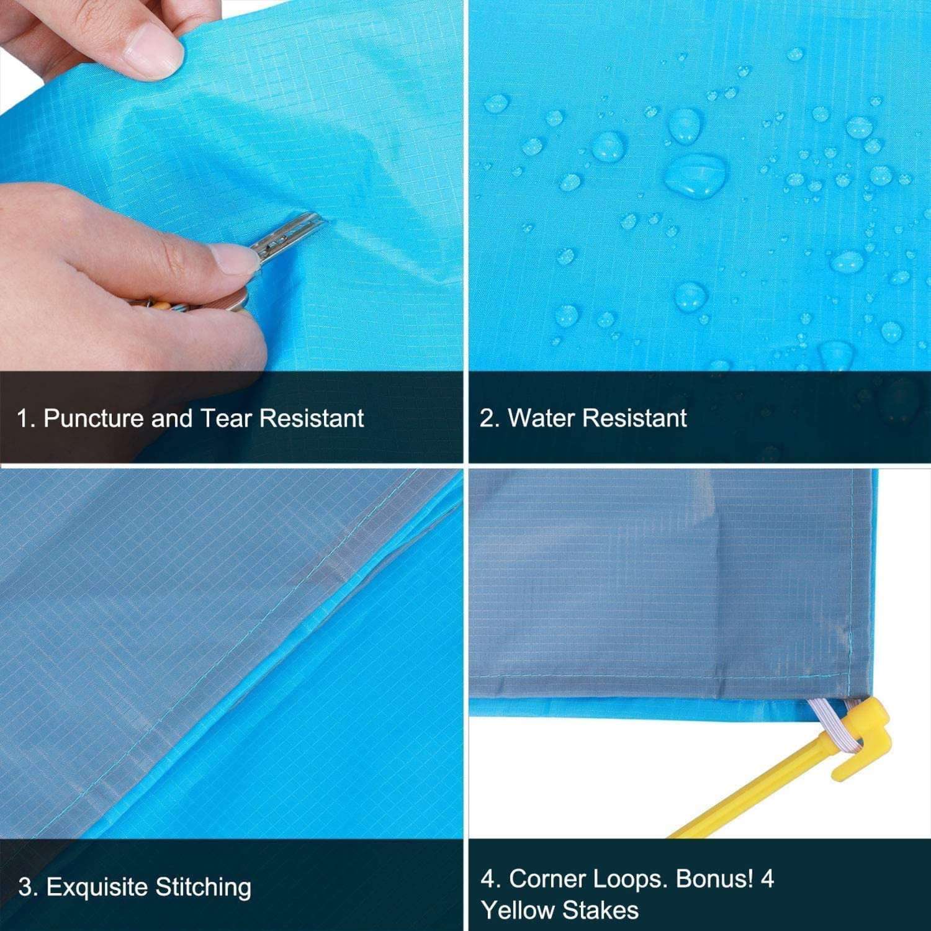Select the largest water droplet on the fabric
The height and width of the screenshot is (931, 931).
click(696, 174)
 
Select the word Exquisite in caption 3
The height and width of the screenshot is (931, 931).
click(98, 888)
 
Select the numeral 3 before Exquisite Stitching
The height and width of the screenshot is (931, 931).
click(24, 888)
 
